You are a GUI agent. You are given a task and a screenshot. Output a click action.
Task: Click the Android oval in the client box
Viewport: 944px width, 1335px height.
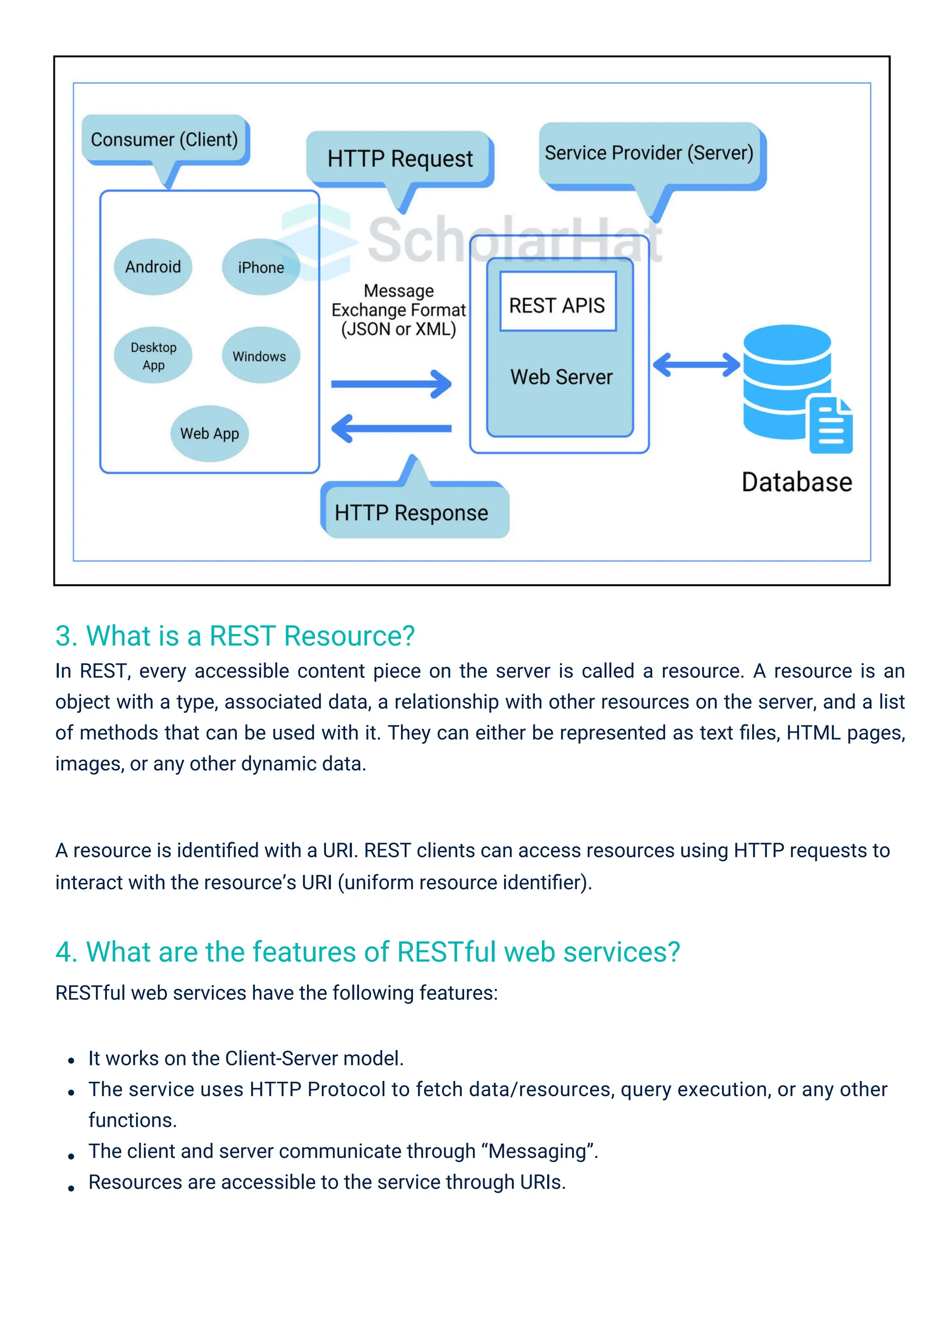pos(153,267)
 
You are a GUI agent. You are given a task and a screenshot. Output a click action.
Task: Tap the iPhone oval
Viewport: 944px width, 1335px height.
pos(261,267)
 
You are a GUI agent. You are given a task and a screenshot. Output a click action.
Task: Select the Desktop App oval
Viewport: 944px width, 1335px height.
pos(153,356)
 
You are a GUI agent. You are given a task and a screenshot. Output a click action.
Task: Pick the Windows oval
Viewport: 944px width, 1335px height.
pos(260,356)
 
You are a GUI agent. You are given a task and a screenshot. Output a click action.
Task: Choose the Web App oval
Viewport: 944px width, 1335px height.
pos(209,434)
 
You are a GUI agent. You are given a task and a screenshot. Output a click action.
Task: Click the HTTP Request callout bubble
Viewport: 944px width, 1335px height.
pos(400,159)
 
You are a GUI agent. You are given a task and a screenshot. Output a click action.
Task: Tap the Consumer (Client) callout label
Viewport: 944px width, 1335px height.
pos(165,140)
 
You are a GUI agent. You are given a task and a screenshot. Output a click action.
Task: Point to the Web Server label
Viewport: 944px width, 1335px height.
pos(561,377)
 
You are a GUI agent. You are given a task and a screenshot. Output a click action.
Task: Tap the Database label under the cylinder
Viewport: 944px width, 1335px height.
pos(796,483)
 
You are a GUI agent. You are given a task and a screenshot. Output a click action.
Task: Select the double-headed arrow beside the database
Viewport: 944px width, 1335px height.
pos(696,365)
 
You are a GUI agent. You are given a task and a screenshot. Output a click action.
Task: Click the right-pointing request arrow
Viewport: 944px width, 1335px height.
pos(390,384)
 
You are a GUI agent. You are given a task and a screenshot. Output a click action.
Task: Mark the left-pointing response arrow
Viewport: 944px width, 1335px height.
pos(390,429)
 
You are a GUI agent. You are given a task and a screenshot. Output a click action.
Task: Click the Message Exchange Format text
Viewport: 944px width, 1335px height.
pos(399,310)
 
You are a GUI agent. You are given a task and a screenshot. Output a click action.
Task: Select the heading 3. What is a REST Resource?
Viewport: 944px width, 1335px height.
pos(235,636)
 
